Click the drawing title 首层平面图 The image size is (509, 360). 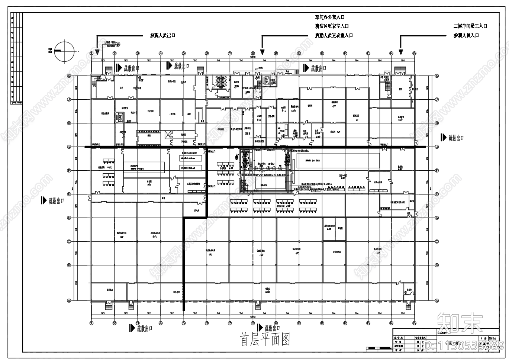click(x=265, y=340)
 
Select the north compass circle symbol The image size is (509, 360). click(x=65, y=51)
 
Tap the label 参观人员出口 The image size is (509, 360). click(x=162, y=36)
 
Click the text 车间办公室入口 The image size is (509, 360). click(x=329, y=17)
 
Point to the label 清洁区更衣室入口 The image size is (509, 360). click(x=332, y=26)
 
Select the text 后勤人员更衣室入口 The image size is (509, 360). click(x=334, y=35)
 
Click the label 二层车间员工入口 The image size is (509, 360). click(x=470, y=26)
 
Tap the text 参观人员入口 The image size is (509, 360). click(x=466, y=35)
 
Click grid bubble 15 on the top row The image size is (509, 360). click(x=414, y=53)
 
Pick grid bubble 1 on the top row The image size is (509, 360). click(x=91, y=53)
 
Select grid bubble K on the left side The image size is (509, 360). click(x=69, y=76)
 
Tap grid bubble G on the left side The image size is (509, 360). click(x=69, y=147)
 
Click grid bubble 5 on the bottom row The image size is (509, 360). click(x=184, y=323)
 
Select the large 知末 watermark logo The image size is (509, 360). click(x=460, y=322)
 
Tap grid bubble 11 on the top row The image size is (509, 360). click(x=322, y=53)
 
